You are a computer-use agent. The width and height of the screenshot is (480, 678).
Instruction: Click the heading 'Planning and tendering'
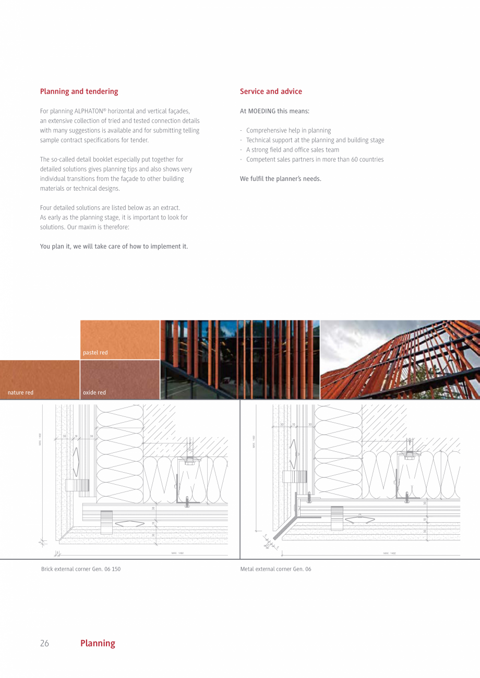pos(79,92)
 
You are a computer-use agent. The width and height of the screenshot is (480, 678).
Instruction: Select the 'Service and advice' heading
pos(271,92)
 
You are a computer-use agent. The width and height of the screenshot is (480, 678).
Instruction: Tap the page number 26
pos(44,643)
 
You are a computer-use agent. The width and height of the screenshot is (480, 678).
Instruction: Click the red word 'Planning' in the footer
pos(98,643)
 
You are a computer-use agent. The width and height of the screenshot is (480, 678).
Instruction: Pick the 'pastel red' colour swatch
pos(120,339)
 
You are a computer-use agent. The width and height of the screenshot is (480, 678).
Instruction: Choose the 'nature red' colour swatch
pos(40,379)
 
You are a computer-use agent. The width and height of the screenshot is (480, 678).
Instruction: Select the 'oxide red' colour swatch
pos(120,379)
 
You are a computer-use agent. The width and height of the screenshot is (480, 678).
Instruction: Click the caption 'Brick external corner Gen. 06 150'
pos(81,569)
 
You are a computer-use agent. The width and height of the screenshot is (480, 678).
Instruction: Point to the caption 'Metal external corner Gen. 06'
pos(275,569)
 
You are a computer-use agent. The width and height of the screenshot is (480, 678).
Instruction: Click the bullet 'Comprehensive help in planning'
pos(288,131)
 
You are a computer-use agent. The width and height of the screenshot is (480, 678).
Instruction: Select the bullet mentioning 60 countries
pos(315,159)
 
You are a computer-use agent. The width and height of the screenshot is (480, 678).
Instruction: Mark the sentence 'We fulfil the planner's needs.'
pos(280,179)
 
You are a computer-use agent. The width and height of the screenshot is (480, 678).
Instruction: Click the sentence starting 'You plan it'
pos(114,246)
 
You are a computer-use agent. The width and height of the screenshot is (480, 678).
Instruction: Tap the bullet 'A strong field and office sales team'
pos(292,150)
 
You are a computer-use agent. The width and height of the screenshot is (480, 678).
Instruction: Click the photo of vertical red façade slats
pos(239,360)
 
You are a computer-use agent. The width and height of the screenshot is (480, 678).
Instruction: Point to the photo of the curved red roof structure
pos(400,360)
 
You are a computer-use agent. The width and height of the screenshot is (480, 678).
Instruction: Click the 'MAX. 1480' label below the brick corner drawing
pos(177,553)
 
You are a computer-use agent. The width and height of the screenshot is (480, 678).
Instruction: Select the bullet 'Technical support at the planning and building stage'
pos(315,140)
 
